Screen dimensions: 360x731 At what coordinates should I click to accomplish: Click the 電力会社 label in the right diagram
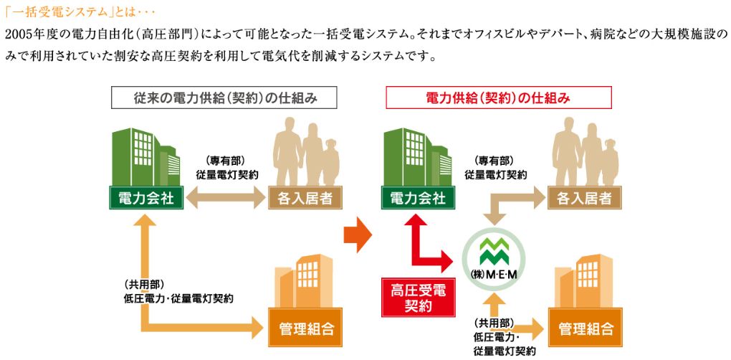[417, 198]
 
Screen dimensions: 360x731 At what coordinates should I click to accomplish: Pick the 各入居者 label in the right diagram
[580, 198]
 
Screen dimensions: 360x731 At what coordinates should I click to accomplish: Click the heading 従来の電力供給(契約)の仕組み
[224, 98]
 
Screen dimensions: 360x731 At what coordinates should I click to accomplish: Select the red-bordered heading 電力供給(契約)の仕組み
[498, 98]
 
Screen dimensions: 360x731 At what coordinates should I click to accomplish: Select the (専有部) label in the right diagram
[493, 161]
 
